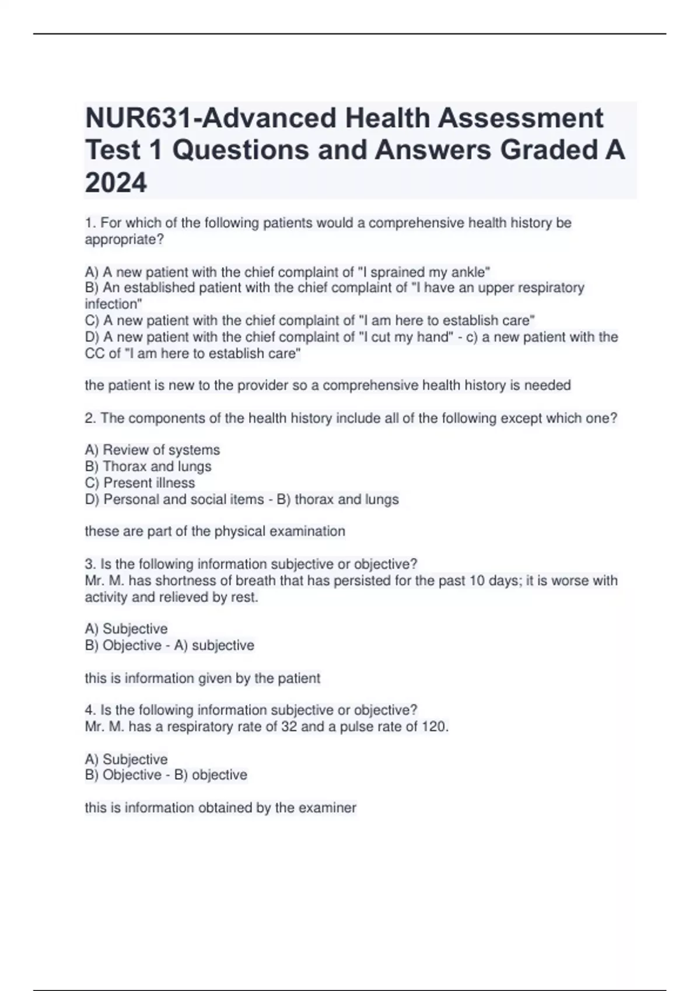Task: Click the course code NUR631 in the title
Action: [138, 118]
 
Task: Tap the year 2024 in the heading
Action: [116, 184]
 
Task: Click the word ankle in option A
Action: [471, 272]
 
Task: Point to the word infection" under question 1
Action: [113, 304]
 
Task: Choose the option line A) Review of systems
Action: [152, 450]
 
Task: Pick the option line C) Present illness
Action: [140, 483]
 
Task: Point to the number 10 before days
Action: [477, 581]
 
